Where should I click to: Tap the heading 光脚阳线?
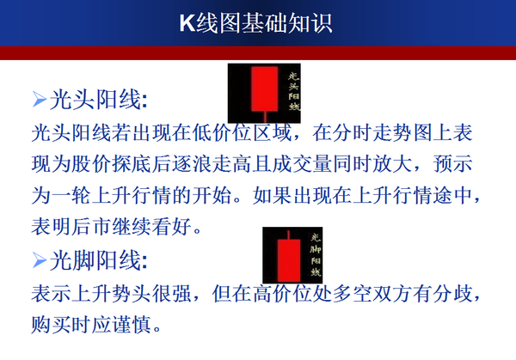click(100, 259)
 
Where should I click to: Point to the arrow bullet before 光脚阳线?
click(38, 259)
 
